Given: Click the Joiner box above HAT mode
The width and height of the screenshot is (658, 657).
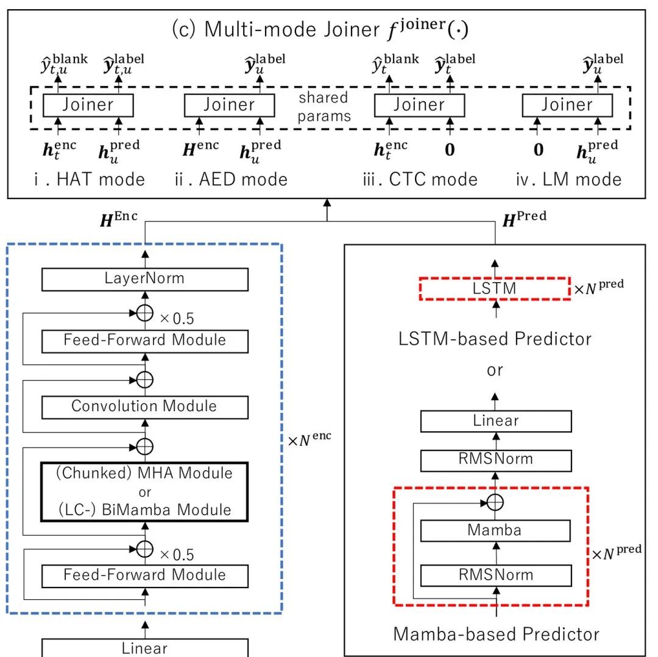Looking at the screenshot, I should coord(88,105).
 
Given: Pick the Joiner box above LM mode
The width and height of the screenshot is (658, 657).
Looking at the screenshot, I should coord(567,105).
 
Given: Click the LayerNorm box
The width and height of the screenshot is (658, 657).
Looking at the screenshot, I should coord(144,279).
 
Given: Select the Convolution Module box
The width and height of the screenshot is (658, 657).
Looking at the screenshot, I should coord(144,406).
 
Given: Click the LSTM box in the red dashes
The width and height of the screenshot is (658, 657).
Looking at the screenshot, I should coord(494,289).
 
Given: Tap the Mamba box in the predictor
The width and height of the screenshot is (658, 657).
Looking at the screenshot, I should coord(495,530).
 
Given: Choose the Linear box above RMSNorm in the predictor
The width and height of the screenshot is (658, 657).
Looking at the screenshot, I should coord(495,421).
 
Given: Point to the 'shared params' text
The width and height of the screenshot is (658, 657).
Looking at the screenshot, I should coord(324,107).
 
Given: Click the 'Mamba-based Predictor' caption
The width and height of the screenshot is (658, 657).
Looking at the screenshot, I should coord(496,634).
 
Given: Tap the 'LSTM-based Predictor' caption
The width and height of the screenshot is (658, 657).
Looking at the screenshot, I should coord(495,339).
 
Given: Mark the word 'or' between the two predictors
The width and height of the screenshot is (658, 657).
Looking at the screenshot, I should coord(495,370).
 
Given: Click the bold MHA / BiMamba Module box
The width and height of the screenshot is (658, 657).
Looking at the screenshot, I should coord(144,491).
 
